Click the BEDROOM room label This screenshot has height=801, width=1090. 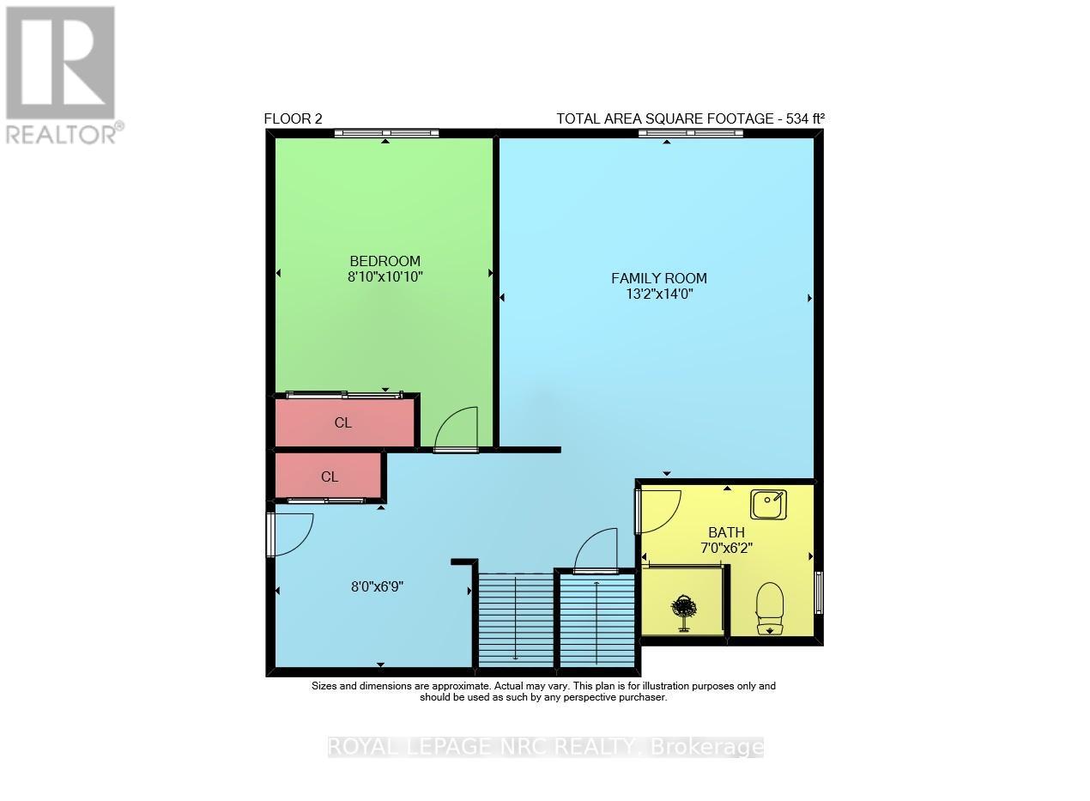[385, 261]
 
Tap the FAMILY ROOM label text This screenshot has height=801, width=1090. [658, 278]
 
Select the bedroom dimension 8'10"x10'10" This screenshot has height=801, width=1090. [385, 276]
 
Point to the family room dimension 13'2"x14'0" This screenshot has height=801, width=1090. [658, 294]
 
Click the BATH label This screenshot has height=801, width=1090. [726, 532]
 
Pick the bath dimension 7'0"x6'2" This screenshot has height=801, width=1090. [726, 548]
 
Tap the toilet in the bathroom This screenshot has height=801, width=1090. [769, 608]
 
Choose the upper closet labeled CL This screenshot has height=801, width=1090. [343, 423]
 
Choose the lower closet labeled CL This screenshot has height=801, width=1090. [330, 476]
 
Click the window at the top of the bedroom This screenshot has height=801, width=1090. [386, 133]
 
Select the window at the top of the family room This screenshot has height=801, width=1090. [691, 133]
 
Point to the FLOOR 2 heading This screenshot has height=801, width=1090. [294, 119]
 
